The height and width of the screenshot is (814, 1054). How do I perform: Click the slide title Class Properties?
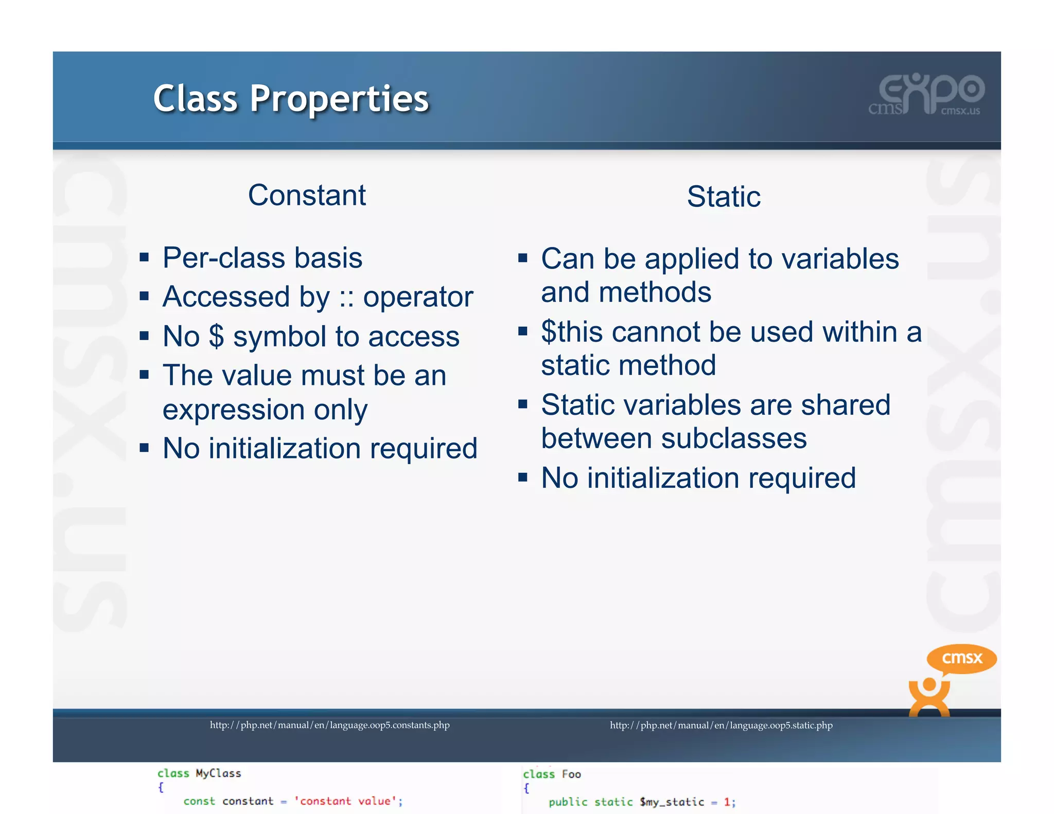[291, 98]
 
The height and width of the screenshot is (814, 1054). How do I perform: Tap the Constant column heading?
[307, 196]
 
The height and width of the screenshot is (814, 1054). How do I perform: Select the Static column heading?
[724, 197]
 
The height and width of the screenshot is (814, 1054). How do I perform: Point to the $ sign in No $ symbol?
[217, 337]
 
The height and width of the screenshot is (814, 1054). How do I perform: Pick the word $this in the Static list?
[572, 332]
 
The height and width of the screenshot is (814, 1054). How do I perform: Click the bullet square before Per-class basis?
[144, 257]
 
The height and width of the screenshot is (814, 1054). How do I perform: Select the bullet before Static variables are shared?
[523, 404]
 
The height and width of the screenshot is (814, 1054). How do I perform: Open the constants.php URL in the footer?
[329, 725]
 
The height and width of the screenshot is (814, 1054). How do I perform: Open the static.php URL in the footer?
[721, 725]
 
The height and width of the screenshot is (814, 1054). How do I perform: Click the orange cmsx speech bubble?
[961, 658]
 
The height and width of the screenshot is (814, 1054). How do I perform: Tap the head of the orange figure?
[929, 685]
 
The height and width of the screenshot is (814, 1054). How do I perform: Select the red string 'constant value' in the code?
[346, 801]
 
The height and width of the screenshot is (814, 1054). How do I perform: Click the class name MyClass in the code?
[218, 773]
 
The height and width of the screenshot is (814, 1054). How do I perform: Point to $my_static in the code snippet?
[672, 802]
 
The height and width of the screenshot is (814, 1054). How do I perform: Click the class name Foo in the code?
[571, 774]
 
